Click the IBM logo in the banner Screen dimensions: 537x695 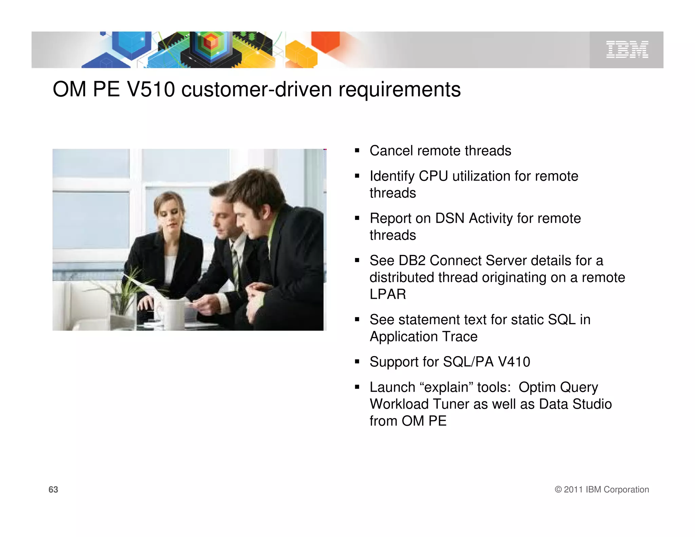(x=627, y=50)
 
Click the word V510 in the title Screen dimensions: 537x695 (x=151, y=90)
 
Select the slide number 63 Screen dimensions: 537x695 (x=53, y=489)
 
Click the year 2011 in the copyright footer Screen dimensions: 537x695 (x=573, y=489)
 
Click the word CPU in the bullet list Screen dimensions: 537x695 (x=433, y=176)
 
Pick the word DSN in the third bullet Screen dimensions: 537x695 (x=450, y=218)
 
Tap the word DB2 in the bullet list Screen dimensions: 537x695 (x=412, y=261)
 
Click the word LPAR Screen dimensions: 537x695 (x=388, y=294)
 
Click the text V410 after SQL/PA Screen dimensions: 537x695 (x=514, y=362)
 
